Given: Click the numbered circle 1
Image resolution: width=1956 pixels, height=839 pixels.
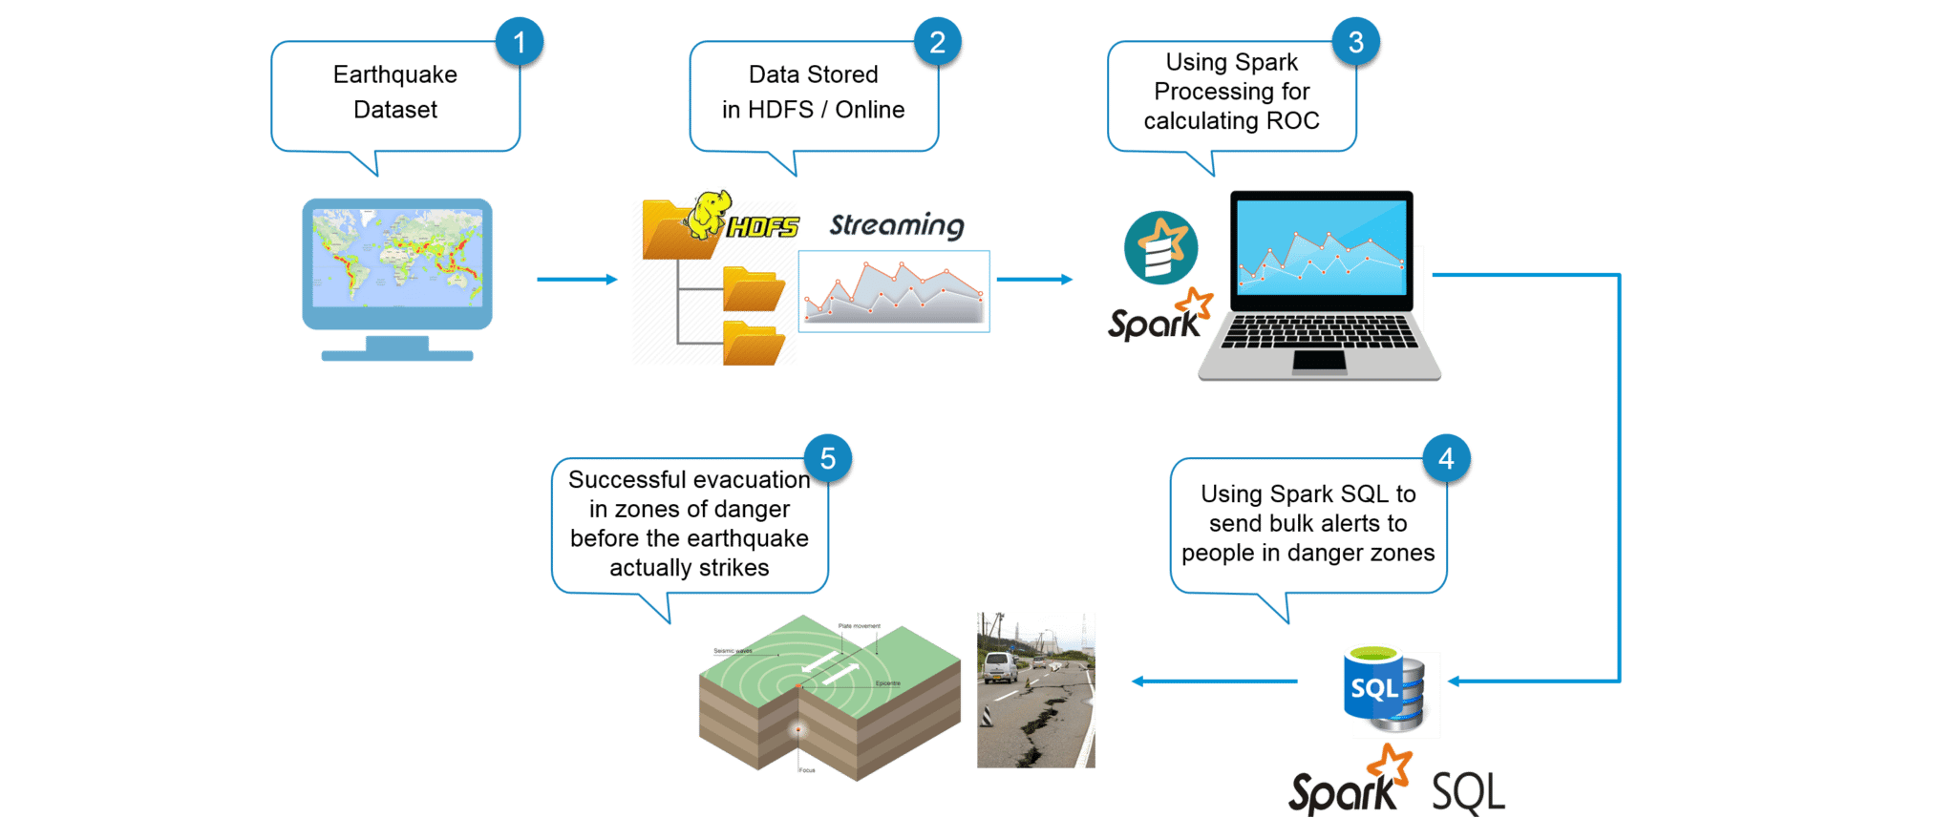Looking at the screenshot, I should pos(520,42).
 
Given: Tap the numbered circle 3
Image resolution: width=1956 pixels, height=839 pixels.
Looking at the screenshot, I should pos(1355,42).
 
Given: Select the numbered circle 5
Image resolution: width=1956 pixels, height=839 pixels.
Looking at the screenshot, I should pos(827,459).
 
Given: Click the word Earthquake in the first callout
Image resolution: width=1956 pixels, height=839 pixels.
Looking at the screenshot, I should pos(394,74).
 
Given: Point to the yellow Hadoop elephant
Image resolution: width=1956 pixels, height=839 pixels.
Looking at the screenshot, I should pos(709,213).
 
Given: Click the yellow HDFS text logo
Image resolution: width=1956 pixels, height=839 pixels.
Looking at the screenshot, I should pos(763,227).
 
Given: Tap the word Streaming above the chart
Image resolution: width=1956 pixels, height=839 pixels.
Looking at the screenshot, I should pos(896,225).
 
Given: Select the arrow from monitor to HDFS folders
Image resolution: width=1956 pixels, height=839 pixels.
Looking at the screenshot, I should pos(577,279).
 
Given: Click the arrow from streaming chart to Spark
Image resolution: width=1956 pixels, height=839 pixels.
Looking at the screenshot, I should pos(1034,279).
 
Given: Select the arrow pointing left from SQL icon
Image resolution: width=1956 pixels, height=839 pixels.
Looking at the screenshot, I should pos(1213,682).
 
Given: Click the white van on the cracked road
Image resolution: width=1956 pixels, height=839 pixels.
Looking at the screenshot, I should pos(999,666).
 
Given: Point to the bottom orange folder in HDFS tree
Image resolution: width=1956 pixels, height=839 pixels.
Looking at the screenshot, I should pos(753,344).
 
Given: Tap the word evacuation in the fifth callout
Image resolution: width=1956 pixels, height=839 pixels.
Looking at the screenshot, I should pos(754,480).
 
